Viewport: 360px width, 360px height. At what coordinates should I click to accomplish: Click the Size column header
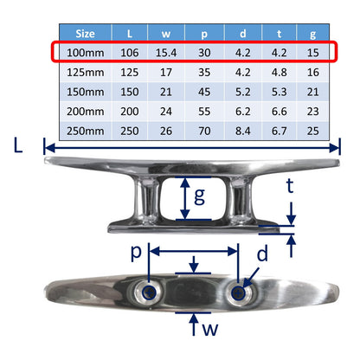[85, 34]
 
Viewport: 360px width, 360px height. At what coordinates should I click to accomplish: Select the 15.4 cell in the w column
[166, 53]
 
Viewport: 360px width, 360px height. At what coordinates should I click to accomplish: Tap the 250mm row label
[86, 131]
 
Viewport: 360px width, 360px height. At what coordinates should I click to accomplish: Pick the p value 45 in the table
[204, 92]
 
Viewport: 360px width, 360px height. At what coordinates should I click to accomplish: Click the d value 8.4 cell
[243, 131]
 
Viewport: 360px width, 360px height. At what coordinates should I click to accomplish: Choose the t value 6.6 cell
[280, 112]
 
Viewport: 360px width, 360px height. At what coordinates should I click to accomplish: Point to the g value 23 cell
[313, 112]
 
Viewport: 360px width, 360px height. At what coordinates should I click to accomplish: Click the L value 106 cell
[130, 53]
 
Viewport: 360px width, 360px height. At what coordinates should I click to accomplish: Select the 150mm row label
[86, 92]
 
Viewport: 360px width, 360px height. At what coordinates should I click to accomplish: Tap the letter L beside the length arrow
[18, 145]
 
